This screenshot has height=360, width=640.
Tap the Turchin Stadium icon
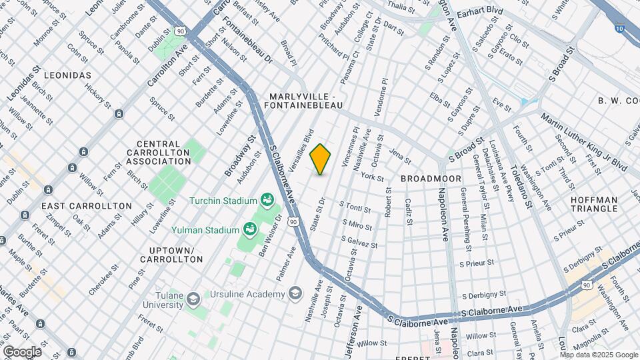coord(267,200)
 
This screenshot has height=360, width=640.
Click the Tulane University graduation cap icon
coord(193,297)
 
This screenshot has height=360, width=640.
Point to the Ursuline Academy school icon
coord(294,294)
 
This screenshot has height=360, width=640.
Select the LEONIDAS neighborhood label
coord(67,75)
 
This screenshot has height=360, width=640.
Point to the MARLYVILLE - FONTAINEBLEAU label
coord(304,101)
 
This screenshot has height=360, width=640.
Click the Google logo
coord(21,351)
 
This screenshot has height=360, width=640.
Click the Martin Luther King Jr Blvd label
coord(583,142)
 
